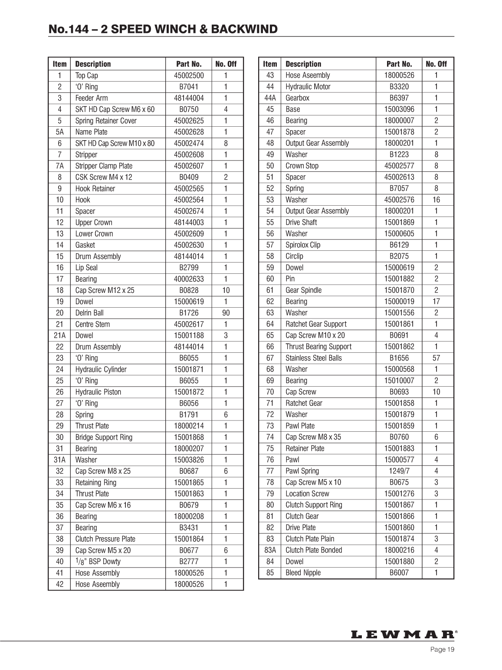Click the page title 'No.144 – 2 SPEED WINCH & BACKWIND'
(x=163, y=29)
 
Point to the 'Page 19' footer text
(x=442, y=650)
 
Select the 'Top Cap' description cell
(x=87, y=76)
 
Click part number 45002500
(x=189, y=76)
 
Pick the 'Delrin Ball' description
(x=89, y=313)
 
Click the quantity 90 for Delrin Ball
(x=226, y=313)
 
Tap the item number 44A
(x=270, y=98)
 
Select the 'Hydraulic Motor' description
(x=308, y=87)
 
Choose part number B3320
(x=399, y=87)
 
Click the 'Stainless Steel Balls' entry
(x=313, y=358)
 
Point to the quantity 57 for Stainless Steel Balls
(x=436, y=358)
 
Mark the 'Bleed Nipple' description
(x=303, y=573)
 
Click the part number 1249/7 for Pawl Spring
(x=399, y=471)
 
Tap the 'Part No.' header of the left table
(x=189, y=64)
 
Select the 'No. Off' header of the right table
(x=436, y=64)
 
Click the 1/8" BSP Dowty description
(x=98, y=562)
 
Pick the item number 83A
(x=270, y=550)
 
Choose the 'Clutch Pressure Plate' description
(x=105, y=539)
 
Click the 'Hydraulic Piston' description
(x=98, y=392)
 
